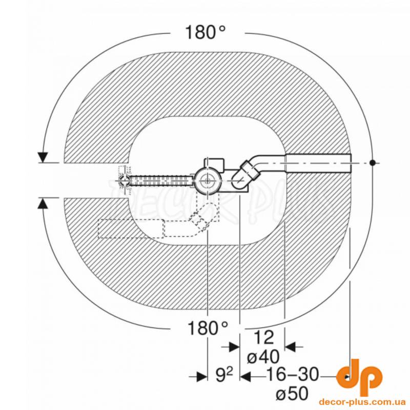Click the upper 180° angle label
coord(206,32)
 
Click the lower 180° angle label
coord(208,328)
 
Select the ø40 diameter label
coord(263,356)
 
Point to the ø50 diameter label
coord(292,393)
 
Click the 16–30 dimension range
coord(293,375)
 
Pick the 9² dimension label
coord(224,375)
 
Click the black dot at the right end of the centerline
coord(373,162)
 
